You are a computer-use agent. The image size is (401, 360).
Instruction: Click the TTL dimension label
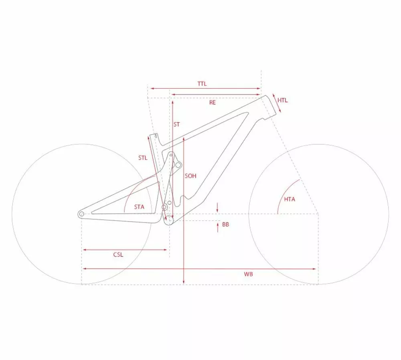(x=202, y=84)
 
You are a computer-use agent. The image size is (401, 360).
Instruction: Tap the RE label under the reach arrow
(x=212, y=103)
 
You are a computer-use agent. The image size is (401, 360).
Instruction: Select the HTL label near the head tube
(x=282, y=100)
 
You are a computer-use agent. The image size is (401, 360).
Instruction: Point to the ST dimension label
(x=176, y=125)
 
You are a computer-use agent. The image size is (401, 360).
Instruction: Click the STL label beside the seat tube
(x=143, y=158)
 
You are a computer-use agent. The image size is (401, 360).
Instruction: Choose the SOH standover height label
(x=190, y=176)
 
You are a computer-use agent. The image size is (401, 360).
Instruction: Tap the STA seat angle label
(x=139, y=207)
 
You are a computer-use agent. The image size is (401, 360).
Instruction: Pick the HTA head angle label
(x=290, y=199)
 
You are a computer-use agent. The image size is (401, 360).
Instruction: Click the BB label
(x=225, y=224)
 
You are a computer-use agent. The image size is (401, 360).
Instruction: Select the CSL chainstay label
(x=118, y=255)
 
